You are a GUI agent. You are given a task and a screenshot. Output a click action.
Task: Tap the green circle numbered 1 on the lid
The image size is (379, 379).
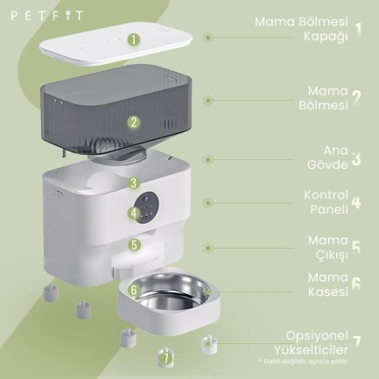(x=133, y=39)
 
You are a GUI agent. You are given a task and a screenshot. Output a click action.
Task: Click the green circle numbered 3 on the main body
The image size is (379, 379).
(x=133, y=184)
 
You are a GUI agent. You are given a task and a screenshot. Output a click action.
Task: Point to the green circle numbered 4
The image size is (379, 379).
(x=133, y=212)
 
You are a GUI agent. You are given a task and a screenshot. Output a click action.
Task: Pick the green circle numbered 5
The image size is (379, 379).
(x=133, y=245)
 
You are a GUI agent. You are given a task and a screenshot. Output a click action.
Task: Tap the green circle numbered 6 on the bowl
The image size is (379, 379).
(x=133, y=289)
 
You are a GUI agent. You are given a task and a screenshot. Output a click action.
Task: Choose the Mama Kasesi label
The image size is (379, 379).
(x=327, y=284)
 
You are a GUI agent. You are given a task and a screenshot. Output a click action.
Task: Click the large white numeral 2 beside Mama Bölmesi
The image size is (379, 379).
(x=356, y=99)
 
